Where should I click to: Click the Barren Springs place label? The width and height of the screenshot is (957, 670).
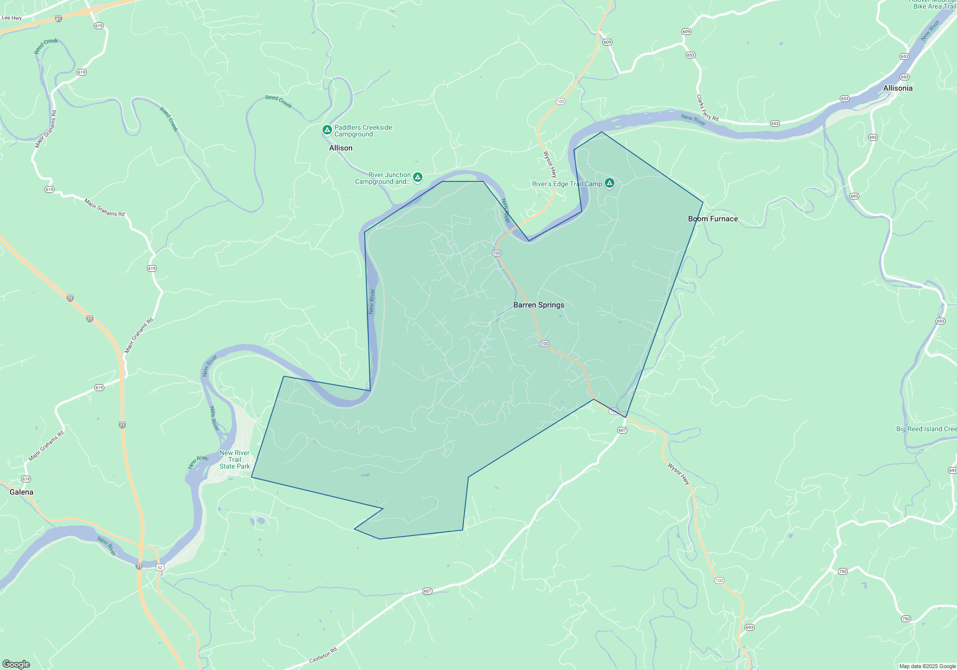pos(539,305)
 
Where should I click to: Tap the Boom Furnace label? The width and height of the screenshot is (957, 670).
pos(713,219)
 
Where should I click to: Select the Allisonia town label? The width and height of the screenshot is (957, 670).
pos(898,88)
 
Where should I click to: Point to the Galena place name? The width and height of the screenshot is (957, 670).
pos(22,492)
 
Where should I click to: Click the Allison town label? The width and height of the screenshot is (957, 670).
pos(341,148)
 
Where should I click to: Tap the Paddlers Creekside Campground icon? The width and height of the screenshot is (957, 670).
pos(327,130)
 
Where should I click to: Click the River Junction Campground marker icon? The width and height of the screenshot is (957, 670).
pos(418,178)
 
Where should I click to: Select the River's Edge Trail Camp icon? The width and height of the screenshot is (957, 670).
pos(609,183)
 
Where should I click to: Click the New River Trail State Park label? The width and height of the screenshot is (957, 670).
pos(234,459)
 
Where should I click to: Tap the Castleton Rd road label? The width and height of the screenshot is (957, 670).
pos(323,655)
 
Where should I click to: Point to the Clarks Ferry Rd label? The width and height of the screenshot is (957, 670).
pos(707,108)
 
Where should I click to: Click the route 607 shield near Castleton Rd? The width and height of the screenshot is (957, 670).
pos(427,591)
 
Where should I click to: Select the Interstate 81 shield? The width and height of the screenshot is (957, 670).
pos(58,19)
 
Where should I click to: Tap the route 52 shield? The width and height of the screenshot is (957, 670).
pos(160,567)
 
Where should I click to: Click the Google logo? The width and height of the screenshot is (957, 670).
pos(16,664)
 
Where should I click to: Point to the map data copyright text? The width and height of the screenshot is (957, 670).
pos(927,666)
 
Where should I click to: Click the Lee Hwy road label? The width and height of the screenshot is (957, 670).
pos(11,18)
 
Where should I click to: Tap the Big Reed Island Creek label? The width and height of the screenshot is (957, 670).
pos(926,429)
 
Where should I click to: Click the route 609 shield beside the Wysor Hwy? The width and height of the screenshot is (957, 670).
pos(607,42)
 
